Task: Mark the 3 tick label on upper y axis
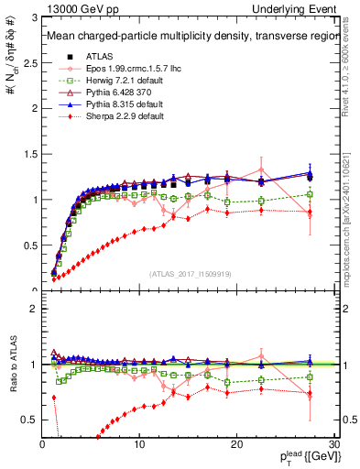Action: click(35, 18)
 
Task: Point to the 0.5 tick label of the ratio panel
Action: click(30, 420)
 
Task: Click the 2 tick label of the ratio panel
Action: click(35, 309)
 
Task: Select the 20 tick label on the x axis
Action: click(236, 444)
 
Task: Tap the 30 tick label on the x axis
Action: click(333, 444)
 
